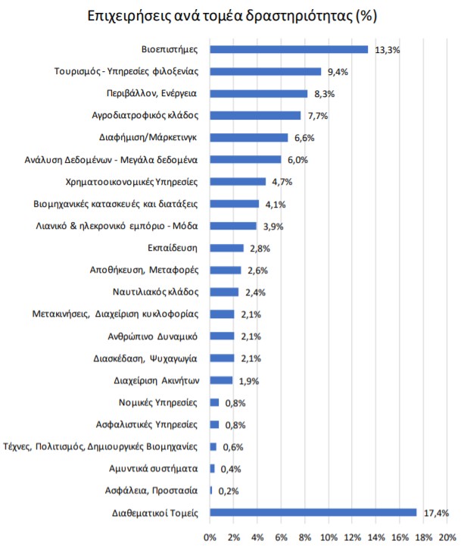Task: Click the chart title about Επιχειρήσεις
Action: (x=232, y=15)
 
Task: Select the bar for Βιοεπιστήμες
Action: (x=288, y=49)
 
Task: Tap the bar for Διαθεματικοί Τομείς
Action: (x=313, y=512)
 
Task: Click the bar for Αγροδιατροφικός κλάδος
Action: (x=255, y=115)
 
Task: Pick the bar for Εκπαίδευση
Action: (x=226, y=248)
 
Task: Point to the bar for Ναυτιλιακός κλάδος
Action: (x=224, y=292)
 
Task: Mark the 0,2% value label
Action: (x=229, y=491)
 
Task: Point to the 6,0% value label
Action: (x=296, y=160)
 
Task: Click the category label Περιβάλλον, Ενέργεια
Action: (x=152, y=93)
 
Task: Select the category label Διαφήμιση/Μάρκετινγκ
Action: (x=148, y=137)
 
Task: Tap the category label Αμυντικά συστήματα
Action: (x=153, y=468)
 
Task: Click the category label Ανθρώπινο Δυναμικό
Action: (x=153, y=336)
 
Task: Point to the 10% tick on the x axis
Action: (x=329, y=537)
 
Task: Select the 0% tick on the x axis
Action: (x=210, y=537)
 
